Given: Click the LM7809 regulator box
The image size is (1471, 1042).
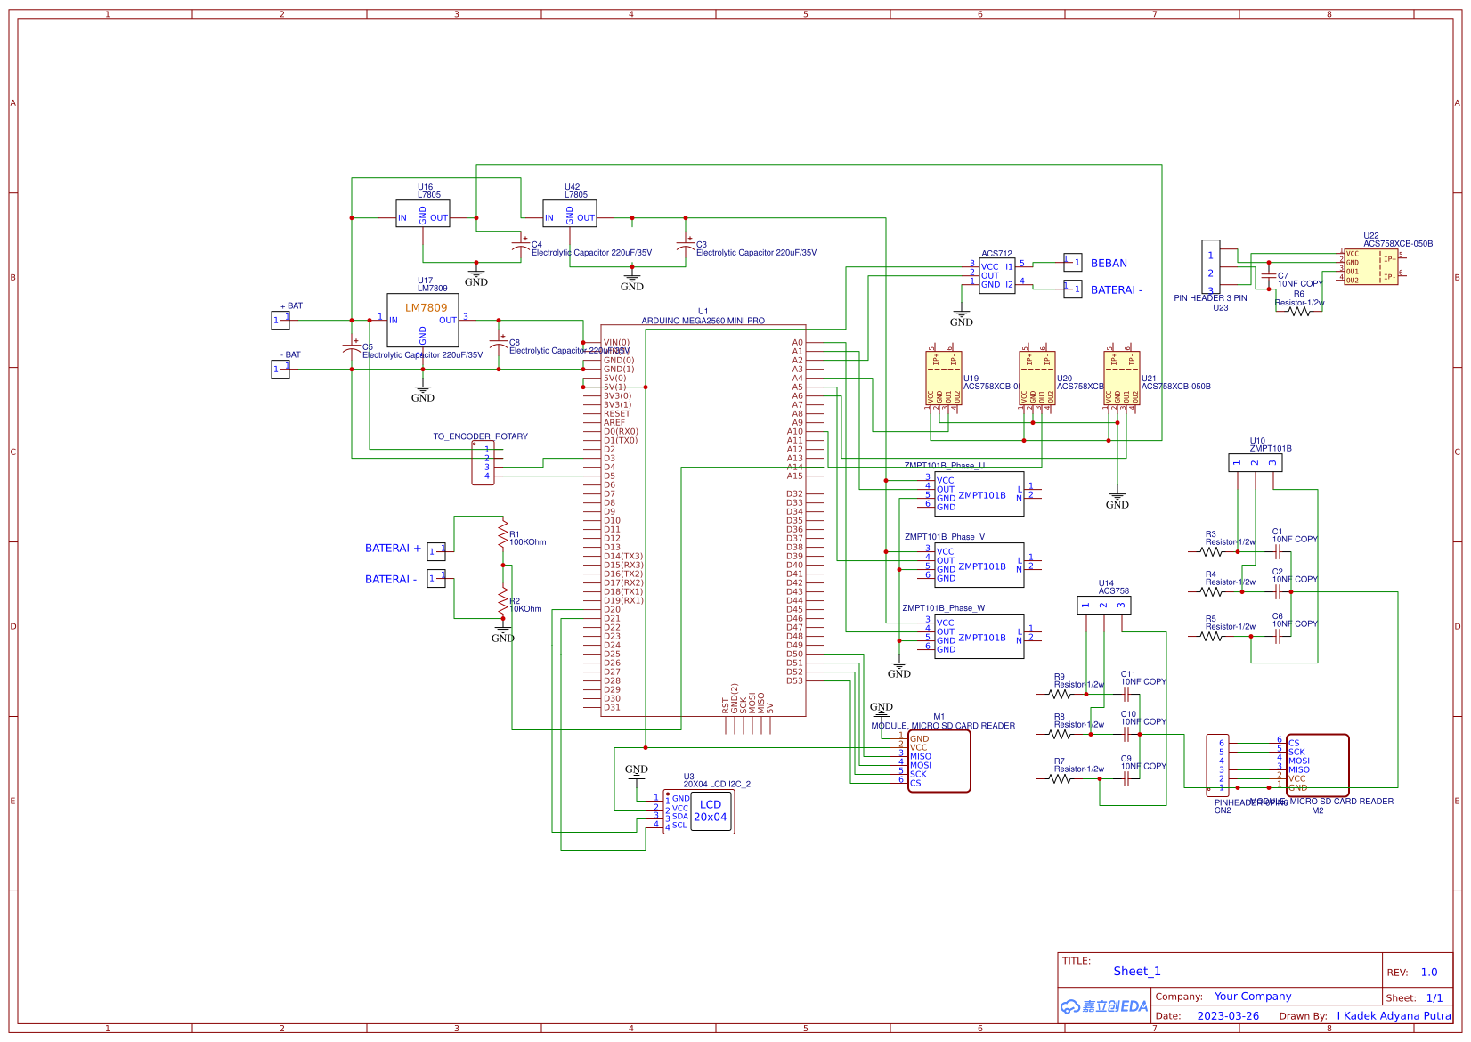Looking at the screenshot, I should click(x=423, y=321).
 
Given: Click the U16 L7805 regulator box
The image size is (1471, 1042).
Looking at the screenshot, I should click(x=423, y=214).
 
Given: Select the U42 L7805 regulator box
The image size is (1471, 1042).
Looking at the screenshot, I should click(x=570, y=214).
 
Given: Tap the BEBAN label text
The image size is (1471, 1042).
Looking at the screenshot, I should click(x=1109, y=264).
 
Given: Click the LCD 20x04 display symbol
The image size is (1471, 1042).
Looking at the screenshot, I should click(x=710, y=811).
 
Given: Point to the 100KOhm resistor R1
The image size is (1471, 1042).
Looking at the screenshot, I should click(x=503, y=534).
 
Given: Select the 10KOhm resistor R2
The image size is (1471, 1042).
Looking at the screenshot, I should click(x=503, y=601).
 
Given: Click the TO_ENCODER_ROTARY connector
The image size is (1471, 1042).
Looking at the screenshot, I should click(x=483, y=463).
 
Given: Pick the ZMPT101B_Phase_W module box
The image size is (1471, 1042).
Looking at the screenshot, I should click(x=979, y=637).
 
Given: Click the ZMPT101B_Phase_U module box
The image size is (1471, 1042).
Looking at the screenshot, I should click(x=979, y=494).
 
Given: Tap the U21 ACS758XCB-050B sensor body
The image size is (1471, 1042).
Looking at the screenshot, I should click(x=1122, y=379).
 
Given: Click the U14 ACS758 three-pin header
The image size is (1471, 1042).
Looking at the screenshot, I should click(x=1103, y=606).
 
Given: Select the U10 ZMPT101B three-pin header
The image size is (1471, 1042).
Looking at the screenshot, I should click(x=1255, y=463).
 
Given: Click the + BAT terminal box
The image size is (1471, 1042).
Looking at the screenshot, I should click(x=280, y=321).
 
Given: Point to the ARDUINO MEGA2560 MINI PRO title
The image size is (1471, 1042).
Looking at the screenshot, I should click(x=703, y=321).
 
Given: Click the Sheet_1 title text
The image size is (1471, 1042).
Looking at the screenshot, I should click(x=1137, y=972).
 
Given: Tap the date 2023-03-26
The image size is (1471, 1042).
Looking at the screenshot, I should click(x=1228, y=1016).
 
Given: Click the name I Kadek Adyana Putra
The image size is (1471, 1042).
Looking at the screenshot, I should click(x=1394, y=1016).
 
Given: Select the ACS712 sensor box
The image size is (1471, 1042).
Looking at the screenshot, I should click(x=996, y=276).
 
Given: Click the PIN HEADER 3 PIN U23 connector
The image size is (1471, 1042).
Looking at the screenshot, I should click(x=1211, y=267).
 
